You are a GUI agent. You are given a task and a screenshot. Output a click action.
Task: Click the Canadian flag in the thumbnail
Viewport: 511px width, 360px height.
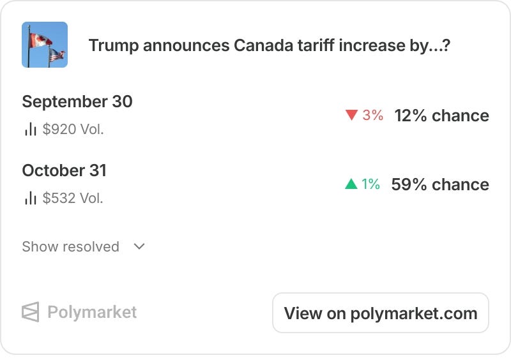click(x=40, y=40)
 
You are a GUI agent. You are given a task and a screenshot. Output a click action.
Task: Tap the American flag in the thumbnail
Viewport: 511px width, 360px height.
click(x=57, y=55)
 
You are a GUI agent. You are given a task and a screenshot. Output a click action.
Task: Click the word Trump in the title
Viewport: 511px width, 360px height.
click(x=114, y=45)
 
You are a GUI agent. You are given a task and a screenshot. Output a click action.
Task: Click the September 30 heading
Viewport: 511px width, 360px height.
click(x=77, y=101)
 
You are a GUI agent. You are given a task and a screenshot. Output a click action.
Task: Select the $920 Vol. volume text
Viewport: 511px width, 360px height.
click(x=73, y=130)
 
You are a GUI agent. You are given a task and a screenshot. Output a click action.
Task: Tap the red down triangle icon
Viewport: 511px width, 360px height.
click(x=352, y=115)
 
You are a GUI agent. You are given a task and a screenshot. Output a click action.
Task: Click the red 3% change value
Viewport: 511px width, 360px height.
click(x=372, y=115)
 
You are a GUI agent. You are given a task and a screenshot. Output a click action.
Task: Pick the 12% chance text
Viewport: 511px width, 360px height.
click(x=441, y=116)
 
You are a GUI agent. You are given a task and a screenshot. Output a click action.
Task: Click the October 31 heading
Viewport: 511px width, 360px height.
click(x=65, y=170)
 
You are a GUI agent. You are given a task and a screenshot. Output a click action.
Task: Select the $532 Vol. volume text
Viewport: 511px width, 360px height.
click(x=73, y=198)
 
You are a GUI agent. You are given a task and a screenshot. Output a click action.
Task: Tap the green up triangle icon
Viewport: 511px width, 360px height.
click(x=351, y=184)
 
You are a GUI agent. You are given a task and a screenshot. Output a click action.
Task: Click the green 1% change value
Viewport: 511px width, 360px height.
click(x=370, y=184)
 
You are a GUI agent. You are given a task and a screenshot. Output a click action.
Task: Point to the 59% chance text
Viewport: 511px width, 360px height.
click(x=440, y=184)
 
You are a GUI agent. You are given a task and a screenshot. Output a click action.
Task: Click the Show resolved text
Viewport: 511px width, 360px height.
click(x=70, y=246)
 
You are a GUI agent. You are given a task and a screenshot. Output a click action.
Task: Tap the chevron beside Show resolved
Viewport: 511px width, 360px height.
click(x=139, y=246)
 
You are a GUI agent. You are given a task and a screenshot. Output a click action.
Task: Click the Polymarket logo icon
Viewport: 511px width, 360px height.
click(x=30, y=311)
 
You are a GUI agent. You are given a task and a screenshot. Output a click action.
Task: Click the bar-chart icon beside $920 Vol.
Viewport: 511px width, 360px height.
click(x=30, y=129)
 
